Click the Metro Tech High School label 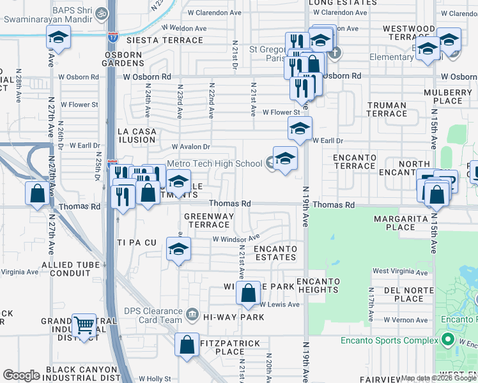[x=214, y=163]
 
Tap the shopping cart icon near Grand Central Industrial [x=84, y=326]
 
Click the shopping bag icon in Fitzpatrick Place [x=187, y=345]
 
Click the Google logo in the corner [x=22, y=375]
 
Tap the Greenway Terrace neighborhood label [x=209, y=220]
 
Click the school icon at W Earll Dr [x=299, y=129]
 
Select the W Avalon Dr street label [x=189, y=147]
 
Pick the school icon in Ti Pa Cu [x=178, y=250]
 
